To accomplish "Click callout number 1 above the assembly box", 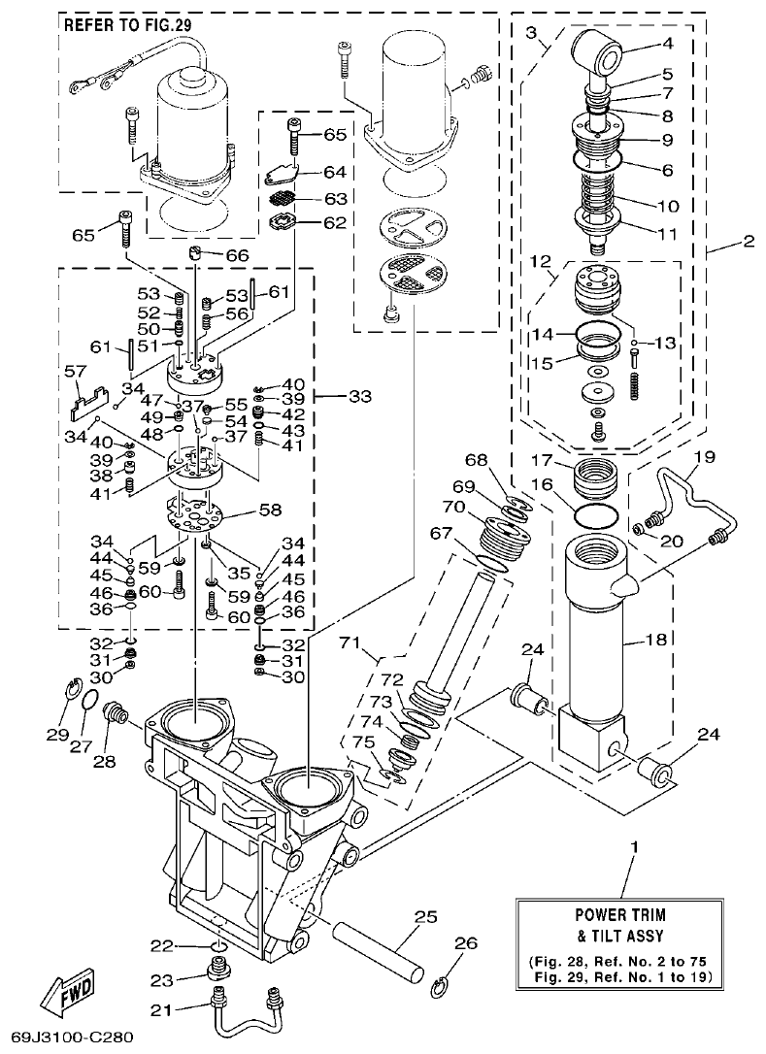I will coord(634,847).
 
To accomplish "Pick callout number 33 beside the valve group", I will coord(359,396).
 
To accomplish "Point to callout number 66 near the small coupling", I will coord(237,254).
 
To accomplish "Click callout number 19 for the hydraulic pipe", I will coord(704,455).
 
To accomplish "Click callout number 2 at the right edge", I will coord(747,242).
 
